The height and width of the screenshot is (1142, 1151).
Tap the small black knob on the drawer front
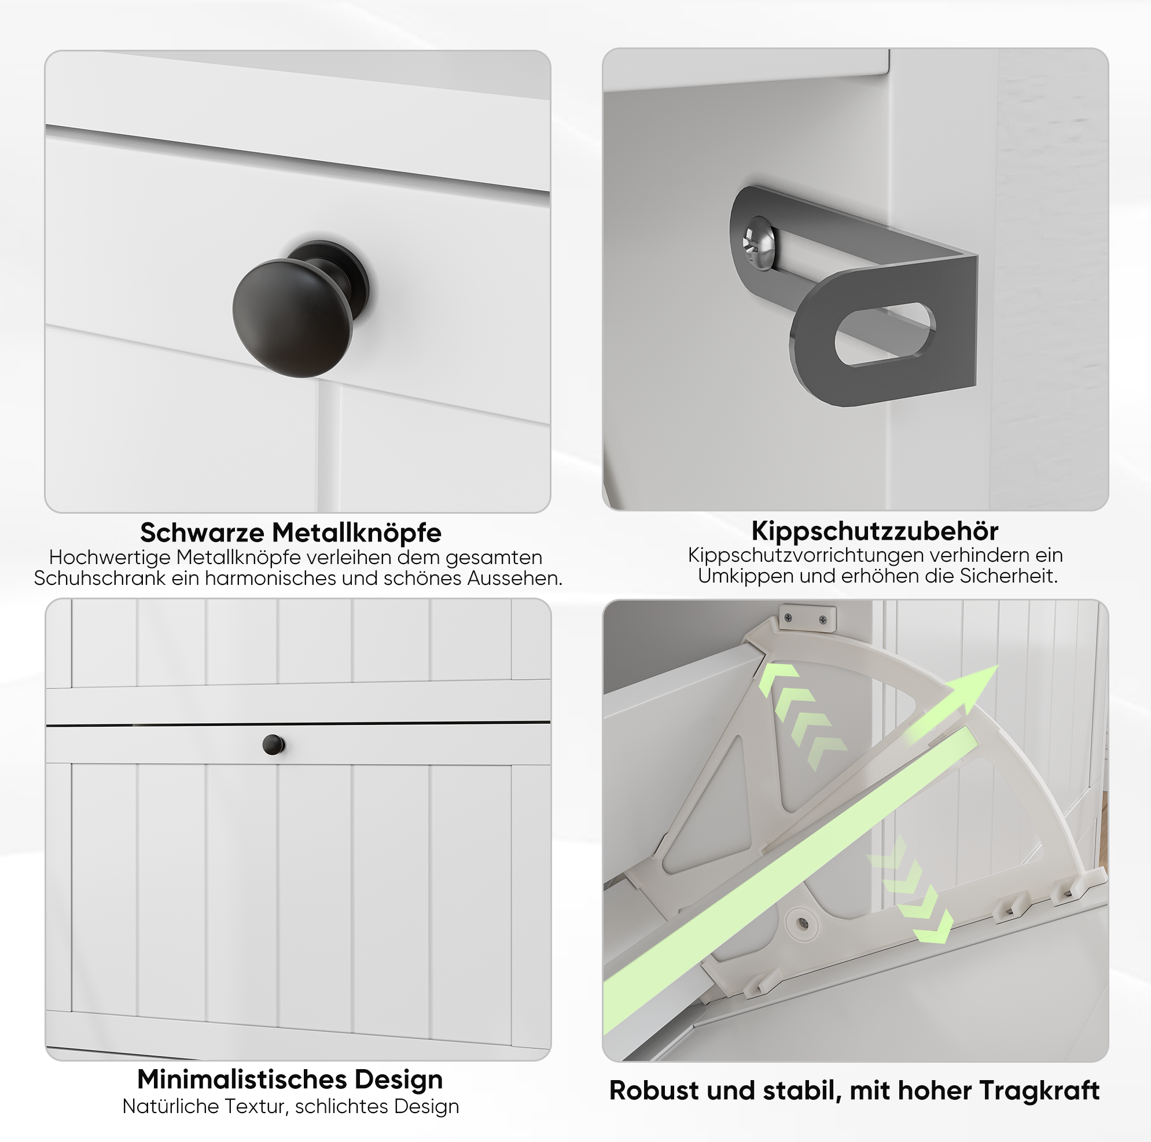(274, 744)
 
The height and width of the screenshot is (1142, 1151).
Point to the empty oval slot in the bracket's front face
(885, 334)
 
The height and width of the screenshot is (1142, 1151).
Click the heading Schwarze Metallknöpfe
(290, 532)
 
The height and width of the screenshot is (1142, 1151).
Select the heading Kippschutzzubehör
(874, 530)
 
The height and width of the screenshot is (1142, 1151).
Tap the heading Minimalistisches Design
(290, 1079)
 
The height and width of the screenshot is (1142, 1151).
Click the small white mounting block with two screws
(807, 618)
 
